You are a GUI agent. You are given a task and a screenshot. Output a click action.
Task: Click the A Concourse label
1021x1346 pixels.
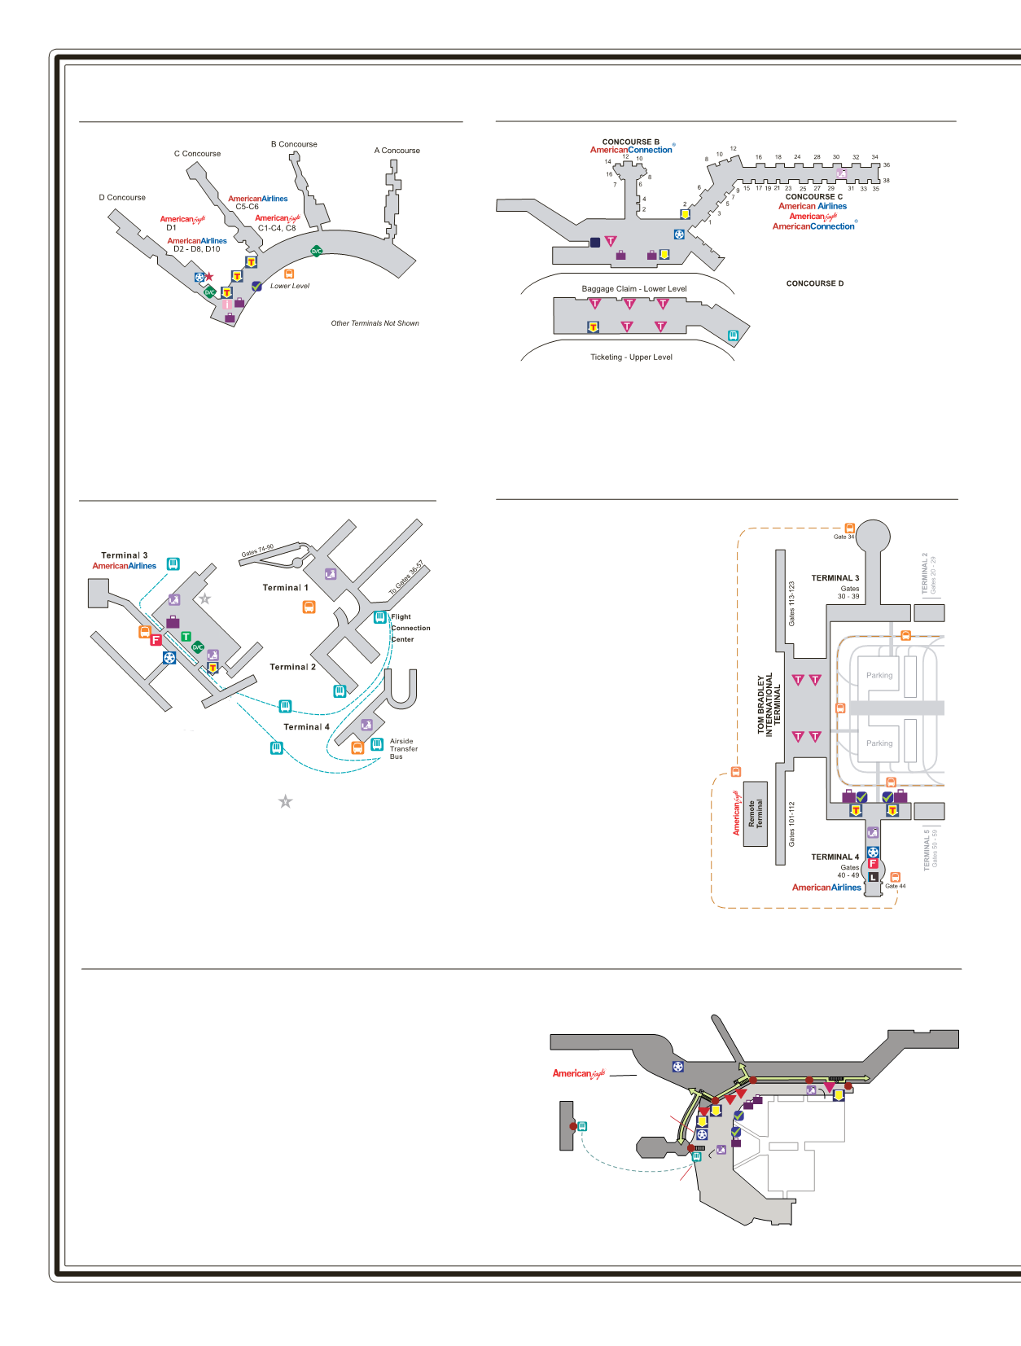click(397, 151)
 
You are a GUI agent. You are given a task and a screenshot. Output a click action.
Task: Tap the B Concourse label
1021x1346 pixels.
click(294, 144)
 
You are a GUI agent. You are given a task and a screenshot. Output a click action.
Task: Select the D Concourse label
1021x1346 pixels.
click(122, 198)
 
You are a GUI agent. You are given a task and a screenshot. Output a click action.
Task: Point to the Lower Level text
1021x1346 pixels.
click(290, 286)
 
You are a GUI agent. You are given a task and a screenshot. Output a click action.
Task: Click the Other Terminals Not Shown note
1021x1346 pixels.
click(375, 323)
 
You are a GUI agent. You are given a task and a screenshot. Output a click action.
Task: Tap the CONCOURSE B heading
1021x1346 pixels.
click(630, 142)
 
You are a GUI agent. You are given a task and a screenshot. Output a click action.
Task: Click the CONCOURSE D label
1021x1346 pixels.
click(814, 283)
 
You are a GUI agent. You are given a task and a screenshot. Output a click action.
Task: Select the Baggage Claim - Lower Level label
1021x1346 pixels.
click(633, 289)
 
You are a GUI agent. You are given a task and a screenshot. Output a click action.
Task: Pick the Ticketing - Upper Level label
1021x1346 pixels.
click(631, 357)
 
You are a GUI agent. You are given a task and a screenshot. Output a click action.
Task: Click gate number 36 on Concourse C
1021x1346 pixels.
click(887, 165)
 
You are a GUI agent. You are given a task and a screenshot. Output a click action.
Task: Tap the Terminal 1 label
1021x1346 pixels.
click(285, 588)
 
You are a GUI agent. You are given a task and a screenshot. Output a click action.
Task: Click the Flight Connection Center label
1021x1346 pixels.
click(410, 628)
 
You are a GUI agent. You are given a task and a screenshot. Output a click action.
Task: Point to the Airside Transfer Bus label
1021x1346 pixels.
click(403, 749)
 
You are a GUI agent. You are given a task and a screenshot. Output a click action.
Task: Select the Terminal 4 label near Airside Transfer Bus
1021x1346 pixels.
click(306, 727)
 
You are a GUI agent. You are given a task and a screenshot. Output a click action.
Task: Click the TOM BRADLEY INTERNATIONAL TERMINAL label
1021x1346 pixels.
click(769, 704)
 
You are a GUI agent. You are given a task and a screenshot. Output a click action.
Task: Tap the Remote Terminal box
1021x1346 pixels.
click(755, 814)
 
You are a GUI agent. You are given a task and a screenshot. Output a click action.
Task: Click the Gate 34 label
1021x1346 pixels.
click(844, 537)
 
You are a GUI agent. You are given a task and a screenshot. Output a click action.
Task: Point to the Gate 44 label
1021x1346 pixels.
click(895, 886)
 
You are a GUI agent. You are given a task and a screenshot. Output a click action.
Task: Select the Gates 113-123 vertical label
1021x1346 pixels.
click(791, 603)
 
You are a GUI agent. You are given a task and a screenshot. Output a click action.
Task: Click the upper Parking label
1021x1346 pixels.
click(879, 675)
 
